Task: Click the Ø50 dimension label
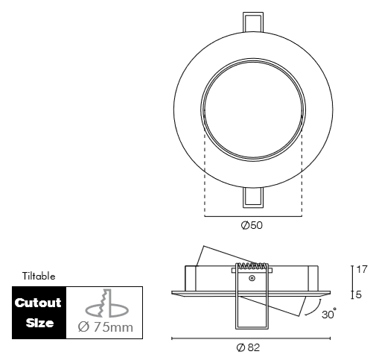252,225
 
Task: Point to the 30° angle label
328,314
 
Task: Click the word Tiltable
39,276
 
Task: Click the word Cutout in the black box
39,303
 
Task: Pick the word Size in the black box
39,323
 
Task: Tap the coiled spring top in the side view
252,265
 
